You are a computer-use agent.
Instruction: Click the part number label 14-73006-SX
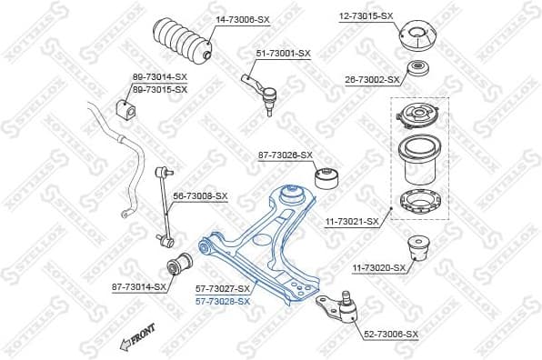point(244,18)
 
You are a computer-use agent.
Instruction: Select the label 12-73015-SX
point(366,16)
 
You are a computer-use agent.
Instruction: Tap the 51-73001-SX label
point(282,54)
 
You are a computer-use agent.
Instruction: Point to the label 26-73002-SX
point(372,80)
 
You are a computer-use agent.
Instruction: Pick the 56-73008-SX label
point(200,195)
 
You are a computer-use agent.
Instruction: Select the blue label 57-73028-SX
point(222,301)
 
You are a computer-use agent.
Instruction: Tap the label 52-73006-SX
point(391,335)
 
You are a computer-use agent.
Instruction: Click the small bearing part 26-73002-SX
point(418,70)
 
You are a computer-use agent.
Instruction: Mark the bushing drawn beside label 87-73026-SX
point(326,175)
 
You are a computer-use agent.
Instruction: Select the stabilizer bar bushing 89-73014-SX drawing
point(127,109)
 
